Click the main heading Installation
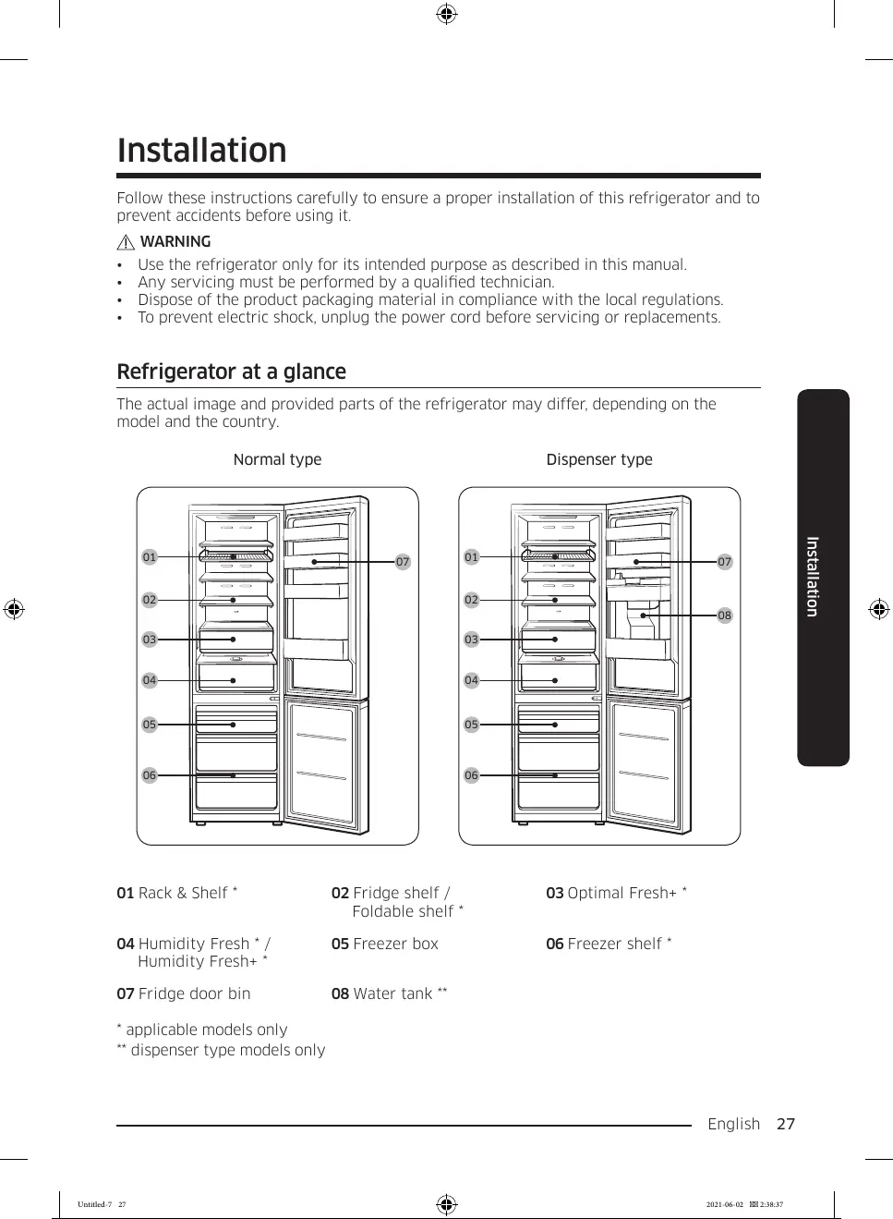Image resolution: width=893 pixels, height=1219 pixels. (201, 151)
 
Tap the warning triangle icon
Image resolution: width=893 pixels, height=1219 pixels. (127, 242)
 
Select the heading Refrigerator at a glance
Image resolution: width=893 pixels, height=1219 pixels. (231, 372)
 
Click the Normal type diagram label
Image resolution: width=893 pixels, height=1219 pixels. (277, 459)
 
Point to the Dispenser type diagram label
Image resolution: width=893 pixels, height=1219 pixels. (598, 459)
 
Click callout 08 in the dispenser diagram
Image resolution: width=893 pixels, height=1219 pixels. (724, 616)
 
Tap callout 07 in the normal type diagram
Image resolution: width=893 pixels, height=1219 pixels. (403, 562)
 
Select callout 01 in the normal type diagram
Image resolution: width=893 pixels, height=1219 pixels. (150, 557)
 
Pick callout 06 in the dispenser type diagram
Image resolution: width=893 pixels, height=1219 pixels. (472, 775)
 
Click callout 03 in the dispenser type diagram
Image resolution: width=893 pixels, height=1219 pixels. (472, 640)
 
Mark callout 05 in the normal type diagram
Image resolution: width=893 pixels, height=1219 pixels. (150, 725)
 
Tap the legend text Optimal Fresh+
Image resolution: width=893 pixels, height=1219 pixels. (616, 893)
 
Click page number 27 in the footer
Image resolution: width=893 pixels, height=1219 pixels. (785, 1124)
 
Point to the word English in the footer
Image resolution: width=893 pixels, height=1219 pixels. (733, 1124)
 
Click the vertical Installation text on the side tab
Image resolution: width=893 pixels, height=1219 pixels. (813, 577)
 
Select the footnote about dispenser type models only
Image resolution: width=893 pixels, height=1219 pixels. (221, 1050)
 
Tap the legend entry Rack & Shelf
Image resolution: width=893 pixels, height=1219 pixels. (177, 893)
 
